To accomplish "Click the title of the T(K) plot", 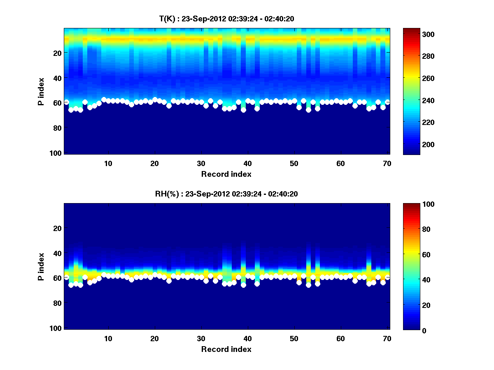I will pos(226,18).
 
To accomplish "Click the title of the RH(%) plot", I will pos(226,194).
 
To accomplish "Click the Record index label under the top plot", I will pos(226,174).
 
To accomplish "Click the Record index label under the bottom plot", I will pos(226,349).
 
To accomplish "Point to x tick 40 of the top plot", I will pos(247,163).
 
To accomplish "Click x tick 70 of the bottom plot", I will pos(387,338).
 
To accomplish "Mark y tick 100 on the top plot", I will pos(57,153).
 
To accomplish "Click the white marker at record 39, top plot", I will pos(243,110).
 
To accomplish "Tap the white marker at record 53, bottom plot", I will pos(308,285).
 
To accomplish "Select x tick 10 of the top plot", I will pos(108,163).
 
